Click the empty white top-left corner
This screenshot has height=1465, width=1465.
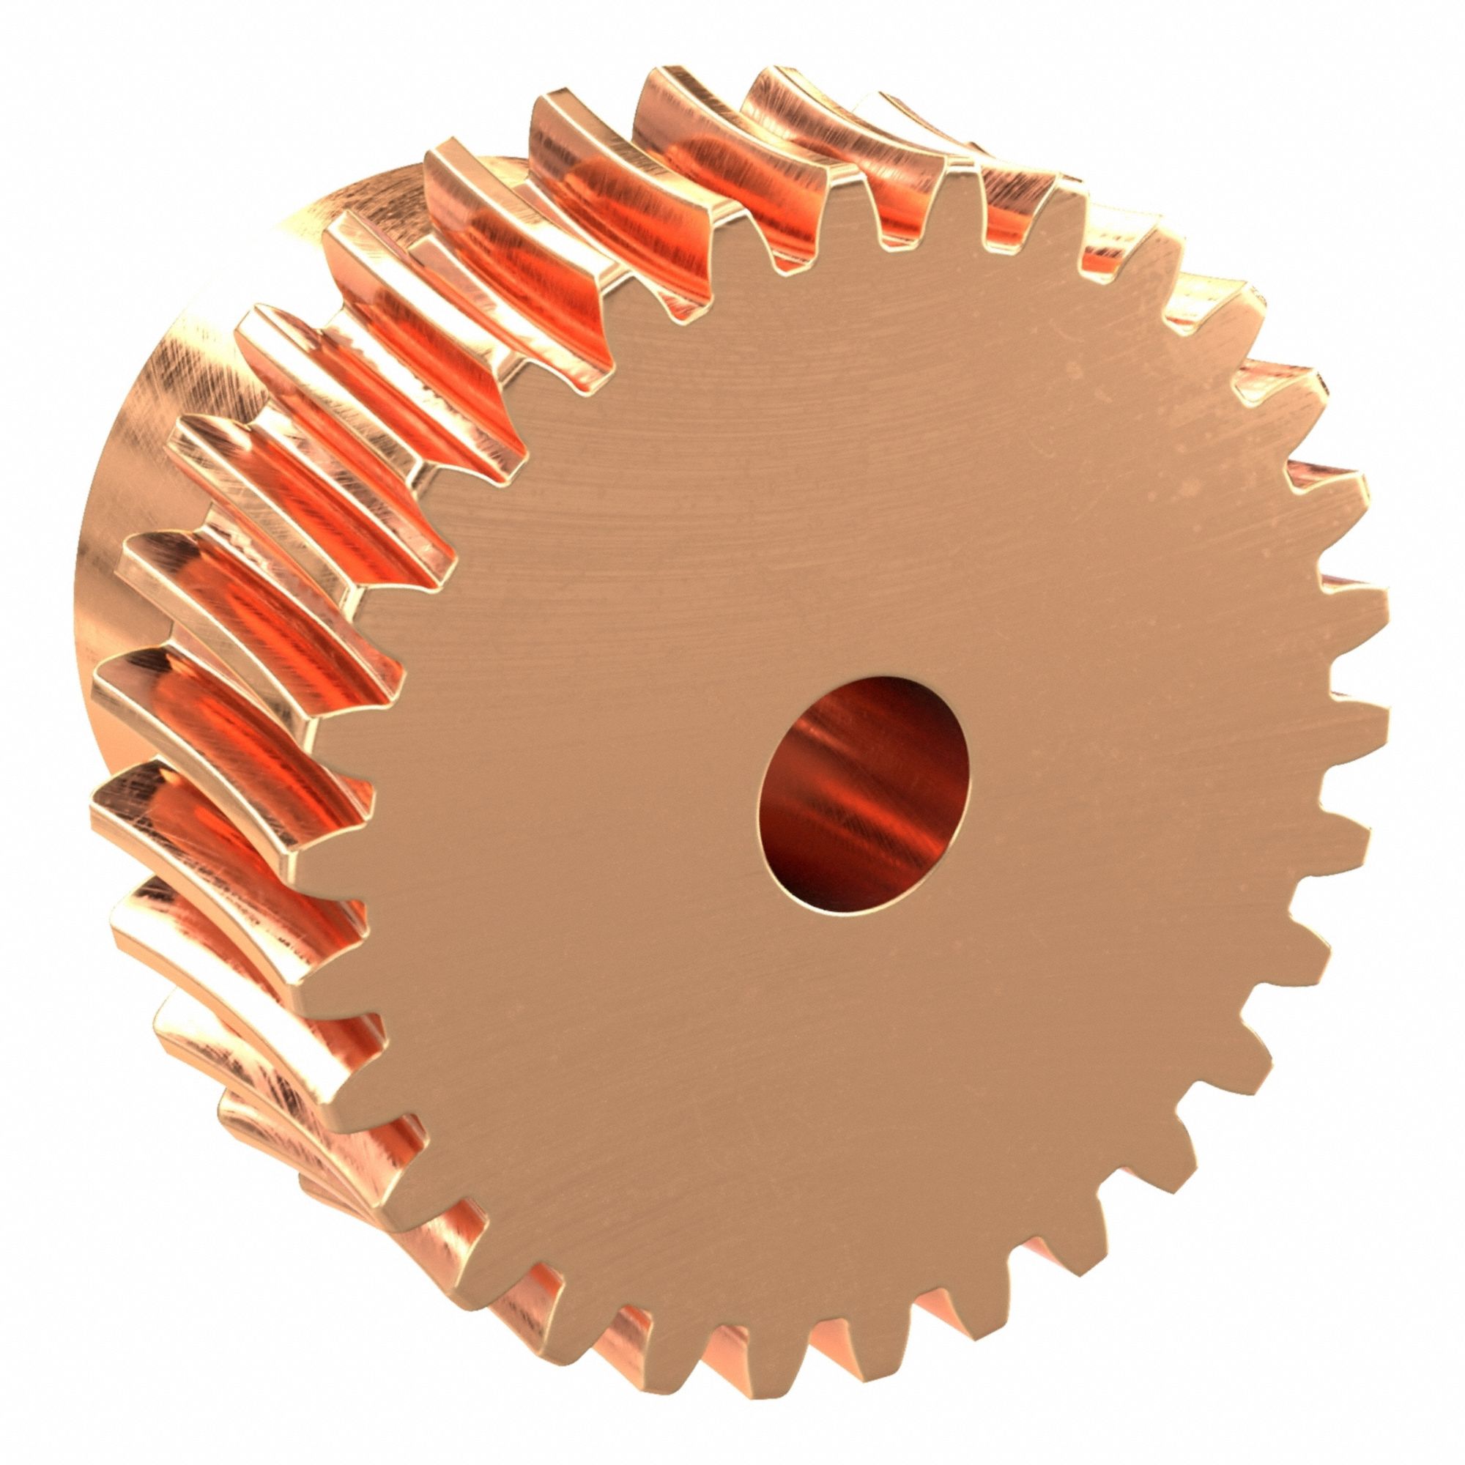(45, 45)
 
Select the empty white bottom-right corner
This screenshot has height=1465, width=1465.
(1418, 1418)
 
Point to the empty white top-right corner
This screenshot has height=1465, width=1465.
(1418, 45)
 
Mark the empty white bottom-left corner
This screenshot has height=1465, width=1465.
(45, 1418)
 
